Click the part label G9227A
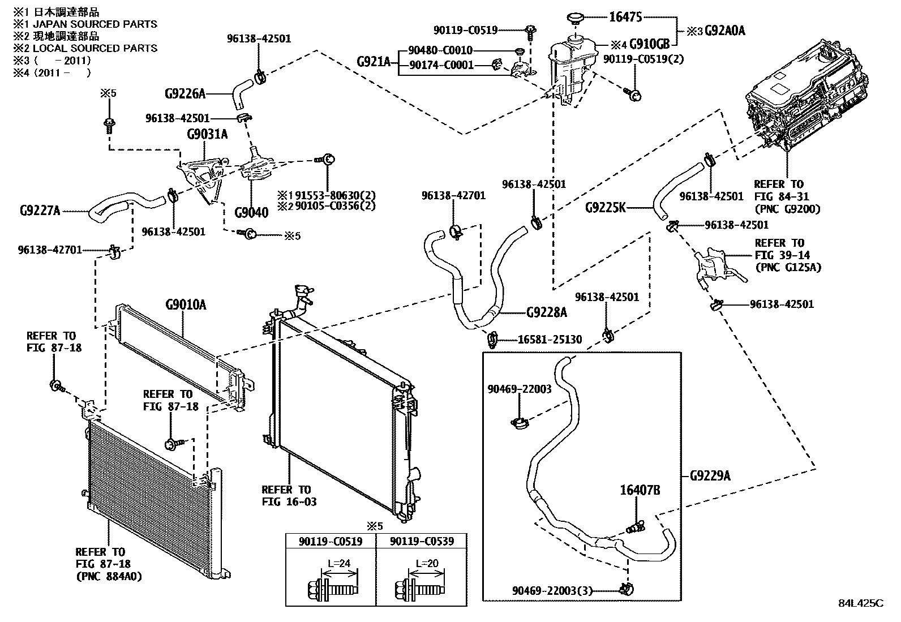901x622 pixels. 40,211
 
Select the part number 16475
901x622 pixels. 625,17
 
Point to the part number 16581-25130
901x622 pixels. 550,340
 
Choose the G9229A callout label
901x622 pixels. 710,476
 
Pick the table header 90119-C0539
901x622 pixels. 422,542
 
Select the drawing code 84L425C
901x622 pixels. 860,603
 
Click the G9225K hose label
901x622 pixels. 605,208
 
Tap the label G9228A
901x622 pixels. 546,312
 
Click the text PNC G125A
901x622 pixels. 788,267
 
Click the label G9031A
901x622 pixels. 208,134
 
